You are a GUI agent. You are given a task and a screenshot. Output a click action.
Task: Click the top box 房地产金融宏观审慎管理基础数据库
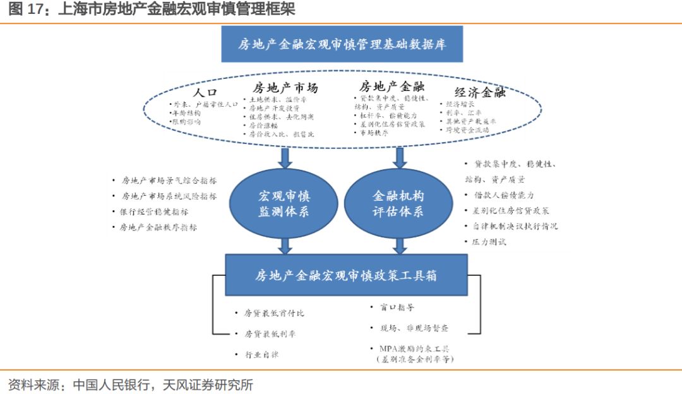(x=342, y=44)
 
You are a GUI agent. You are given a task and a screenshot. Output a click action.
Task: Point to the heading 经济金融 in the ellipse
(x=480, y=93)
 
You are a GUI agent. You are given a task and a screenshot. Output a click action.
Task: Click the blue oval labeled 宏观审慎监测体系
(x=284, y=203)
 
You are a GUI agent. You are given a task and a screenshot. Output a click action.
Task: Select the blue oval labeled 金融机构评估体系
(x=398, y=203)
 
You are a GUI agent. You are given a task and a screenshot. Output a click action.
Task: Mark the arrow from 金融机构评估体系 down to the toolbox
(x=399, y=244)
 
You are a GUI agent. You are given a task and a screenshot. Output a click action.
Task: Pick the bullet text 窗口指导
(x=397, y=307)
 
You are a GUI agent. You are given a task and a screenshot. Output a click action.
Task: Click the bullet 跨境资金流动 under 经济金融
(x=467, y=129)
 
